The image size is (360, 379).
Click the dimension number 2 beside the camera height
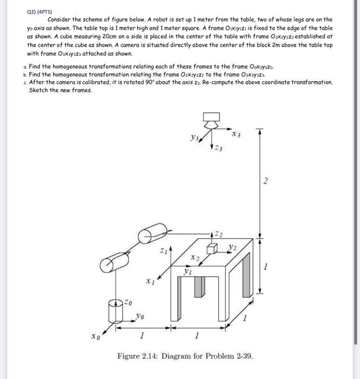click(x=265, y=182)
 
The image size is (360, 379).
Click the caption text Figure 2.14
click(x=142, y=356)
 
